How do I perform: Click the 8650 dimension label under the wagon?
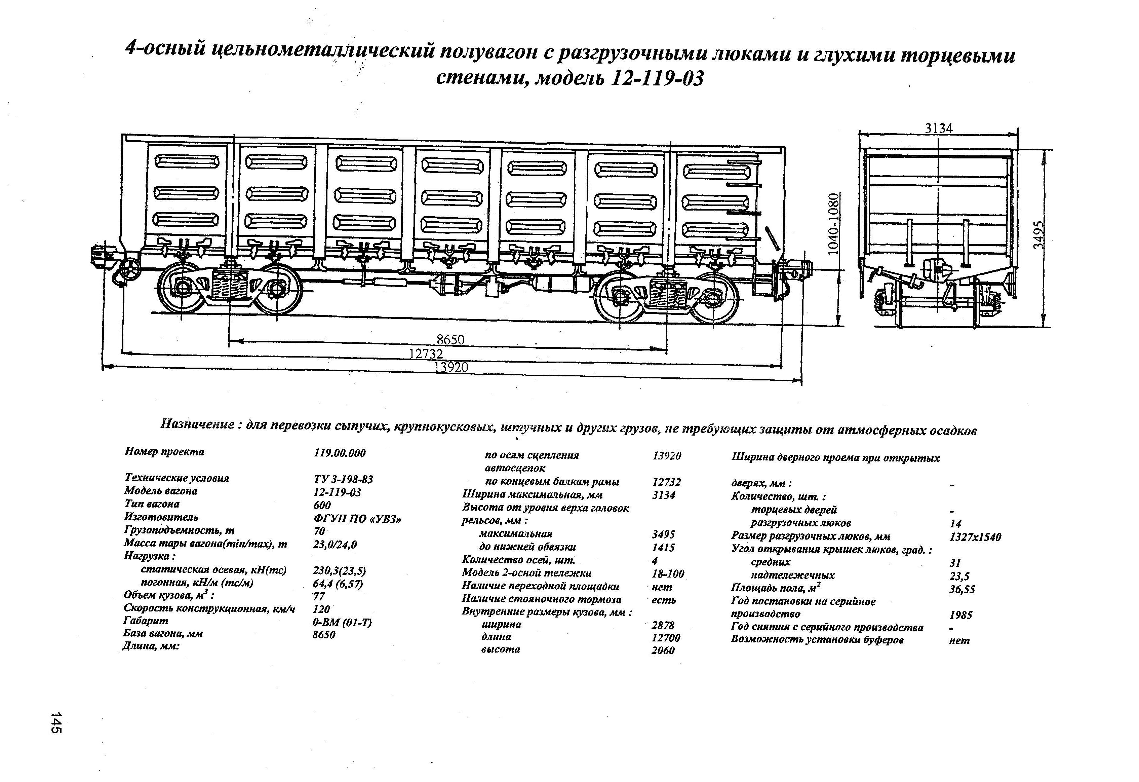(450, 339)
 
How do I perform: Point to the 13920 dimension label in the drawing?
(451, 367)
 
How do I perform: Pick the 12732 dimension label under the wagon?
(426, 353)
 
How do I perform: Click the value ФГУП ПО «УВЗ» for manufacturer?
(357, 519)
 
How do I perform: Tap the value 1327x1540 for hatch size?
(975, 537)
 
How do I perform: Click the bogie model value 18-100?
(668, 573)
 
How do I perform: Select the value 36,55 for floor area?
(961, 589)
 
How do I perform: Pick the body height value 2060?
(663, 650)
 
